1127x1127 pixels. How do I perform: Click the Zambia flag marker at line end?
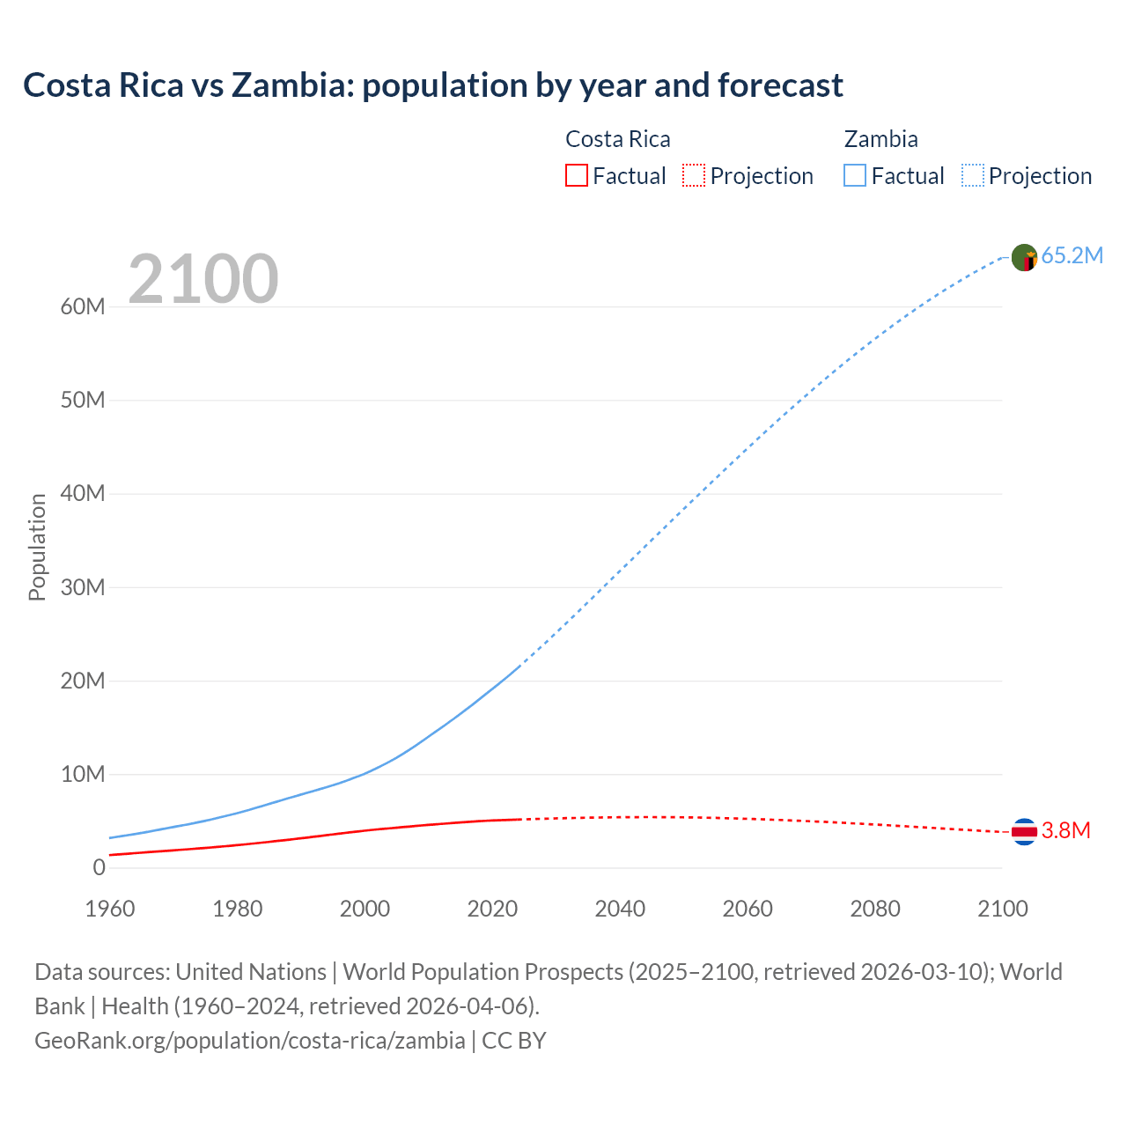click(x=1024, y=258)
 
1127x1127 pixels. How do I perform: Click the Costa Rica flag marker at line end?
click(x=1024, y=831)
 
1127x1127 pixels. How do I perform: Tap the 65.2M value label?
click(x=1072, y=256)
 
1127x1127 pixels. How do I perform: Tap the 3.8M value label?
click(x=1065, y=831)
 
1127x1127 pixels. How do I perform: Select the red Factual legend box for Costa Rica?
click(x=576, y=175)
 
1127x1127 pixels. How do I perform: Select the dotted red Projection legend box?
click(x=694, y=175)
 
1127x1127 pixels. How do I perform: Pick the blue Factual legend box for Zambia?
click(x=854, y=175)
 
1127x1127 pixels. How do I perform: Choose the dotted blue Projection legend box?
click(x=972, y=175)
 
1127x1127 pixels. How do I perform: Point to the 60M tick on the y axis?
click(x=83, y=306)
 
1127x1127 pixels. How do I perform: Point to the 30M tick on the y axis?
click(x=83, y=587)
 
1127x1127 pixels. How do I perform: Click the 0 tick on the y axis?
click(x=99, y=867)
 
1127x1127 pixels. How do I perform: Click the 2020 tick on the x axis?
click(x=492, y=909)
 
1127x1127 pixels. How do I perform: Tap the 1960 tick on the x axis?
click(x=110, y=909)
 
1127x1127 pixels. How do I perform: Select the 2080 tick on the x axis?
click(x=875, y=909)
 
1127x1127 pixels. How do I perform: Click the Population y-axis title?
click(x=37, y=547)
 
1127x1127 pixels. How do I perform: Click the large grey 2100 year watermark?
click(x=203, y=279)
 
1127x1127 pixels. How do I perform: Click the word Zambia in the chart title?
click(x=285, y=85)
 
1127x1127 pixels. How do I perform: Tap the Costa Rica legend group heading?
click(x=617, y=139)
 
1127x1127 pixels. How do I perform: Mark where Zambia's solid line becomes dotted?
click(x=520, y=666)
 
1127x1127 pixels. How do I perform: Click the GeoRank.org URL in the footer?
click(x=250, y=1041)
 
